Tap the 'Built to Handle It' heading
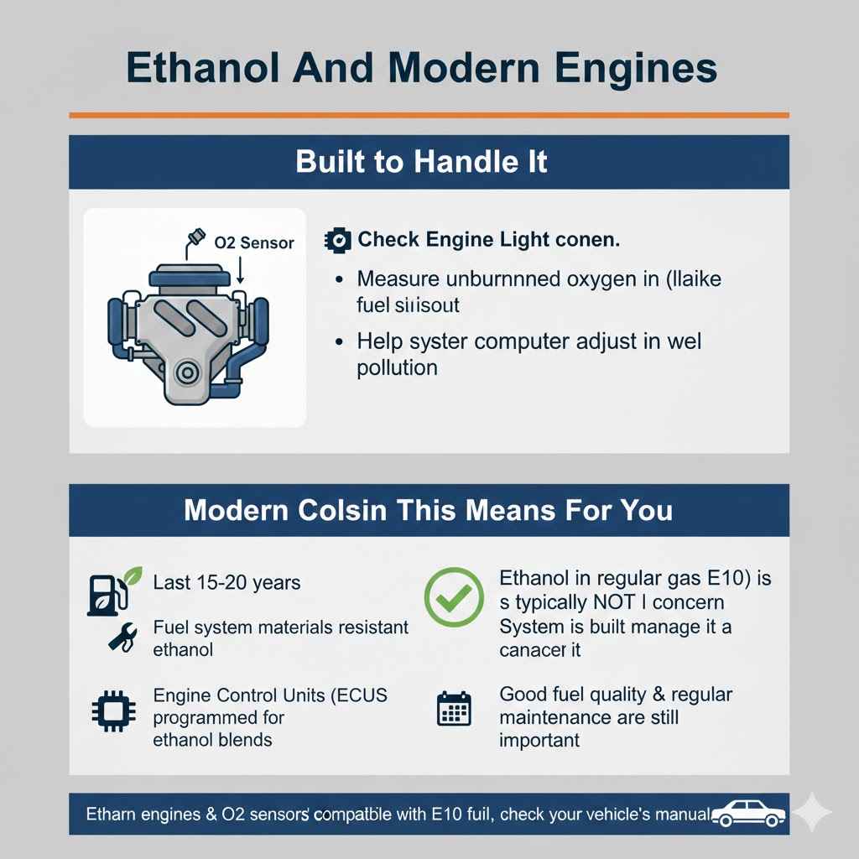pos(421,161)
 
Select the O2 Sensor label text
pos(253,243)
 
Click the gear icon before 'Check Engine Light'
pos(336,240)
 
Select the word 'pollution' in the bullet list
pos(397,367)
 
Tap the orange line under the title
pos(429,115)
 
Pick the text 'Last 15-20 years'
pos(226,582)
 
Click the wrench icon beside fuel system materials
pos(121,637)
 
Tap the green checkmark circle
pos(453,597)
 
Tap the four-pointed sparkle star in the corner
pos(812,812)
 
